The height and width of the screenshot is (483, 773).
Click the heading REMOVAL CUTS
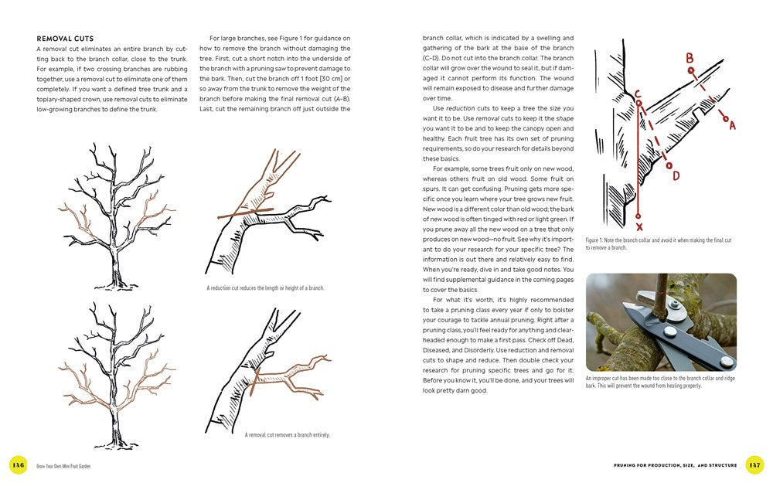point(65,38)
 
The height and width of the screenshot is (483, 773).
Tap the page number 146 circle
point(18,464)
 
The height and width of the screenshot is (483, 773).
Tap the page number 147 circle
point(754,464)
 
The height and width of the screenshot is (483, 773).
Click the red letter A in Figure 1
point(731,124)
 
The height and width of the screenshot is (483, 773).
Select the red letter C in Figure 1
point(638,94)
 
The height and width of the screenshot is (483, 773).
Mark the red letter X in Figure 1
point(638,228)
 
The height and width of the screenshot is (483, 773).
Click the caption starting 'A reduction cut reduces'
point(265,288)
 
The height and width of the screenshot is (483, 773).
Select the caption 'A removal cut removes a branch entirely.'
point(288,435)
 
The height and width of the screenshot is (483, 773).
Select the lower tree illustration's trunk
point(117,423)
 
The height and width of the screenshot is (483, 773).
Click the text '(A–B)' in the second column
point(339,98)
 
